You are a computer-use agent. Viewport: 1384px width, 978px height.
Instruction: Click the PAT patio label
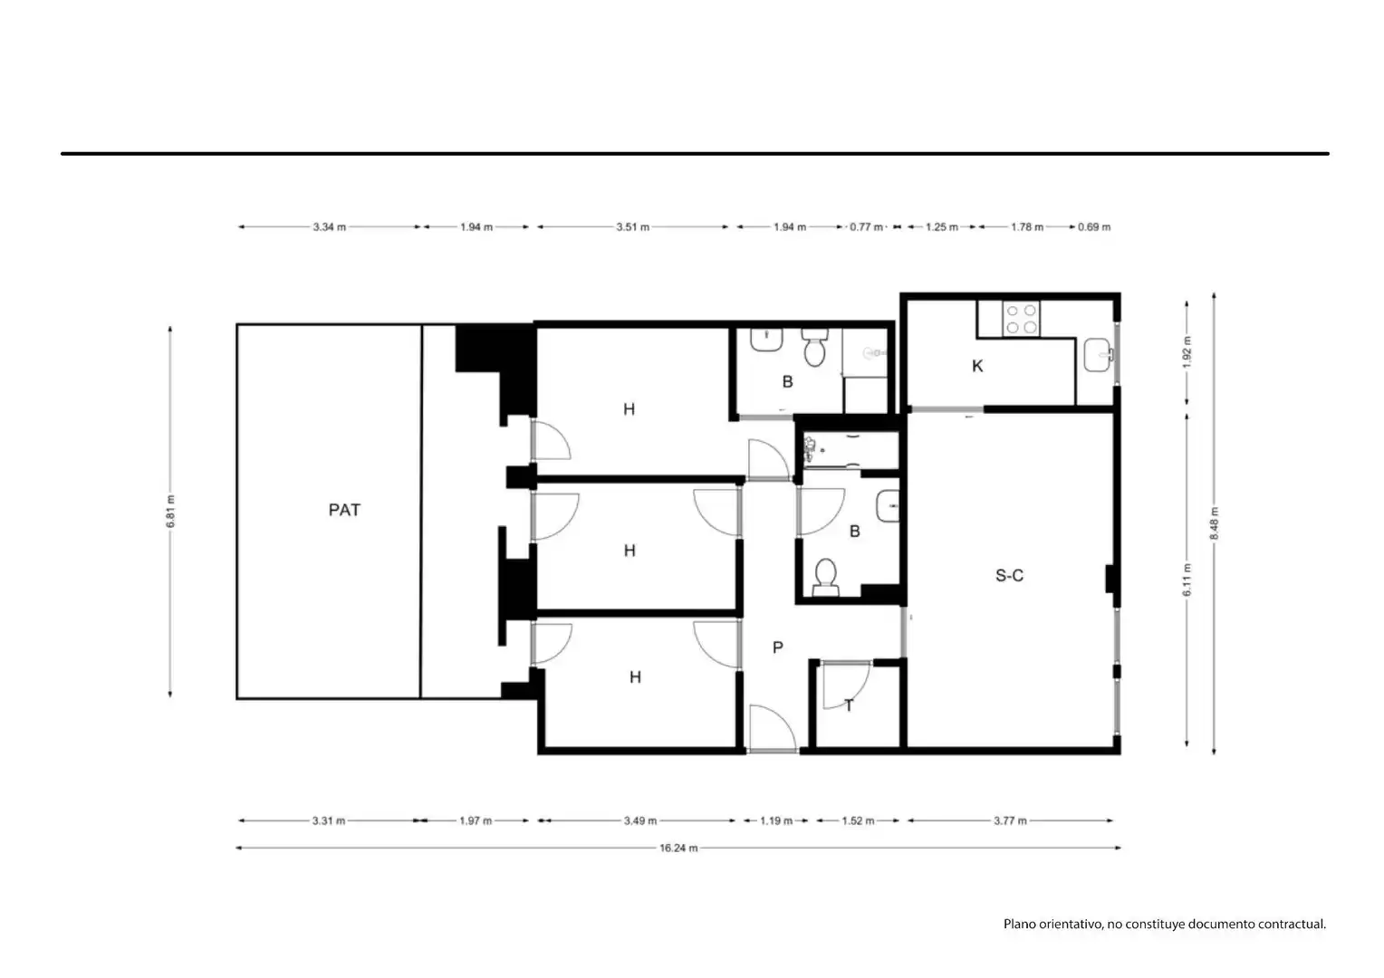click(x=344, y=510)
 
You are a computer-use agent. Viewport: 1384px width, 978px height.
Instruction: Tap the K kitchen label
click(x=976, y=367)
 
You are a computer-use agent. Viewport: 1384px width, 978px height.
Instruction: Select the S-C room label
click(x=1009, y=576)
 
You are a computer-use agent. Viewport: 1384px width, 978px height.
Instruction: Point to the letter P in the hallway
click(x=778, y=647)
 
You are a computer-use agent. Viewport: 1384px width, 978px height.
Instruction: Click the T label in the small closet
click(x=849, y=705)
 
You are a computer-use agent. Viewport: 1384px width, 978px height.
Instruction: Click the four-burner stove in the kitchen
click(x=1021, y=319)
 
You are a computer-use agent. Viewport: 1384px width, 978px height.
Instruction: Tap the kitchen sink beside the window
click(x=1098, y=355)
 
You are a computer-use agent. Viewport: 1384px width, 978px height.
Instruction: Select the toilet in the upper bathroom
click(x=814, y=347)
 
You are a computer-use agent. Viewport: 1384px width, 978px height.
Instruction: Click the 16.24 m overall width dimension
click(x=678, y=849)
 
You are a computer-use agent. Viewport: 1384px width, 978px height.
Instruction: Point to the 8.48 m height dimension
click(x=1214, y=523)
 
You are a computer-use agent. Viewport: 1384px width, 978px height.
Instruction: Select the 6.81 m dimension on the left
click(x=170, y=512)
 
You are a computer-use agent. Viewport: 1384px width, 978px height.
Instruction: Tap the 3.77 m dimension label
click(x=1010, y=821)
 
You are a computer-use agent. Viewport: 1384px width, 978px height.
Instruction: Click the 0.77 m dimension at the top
click(x=866, y=227)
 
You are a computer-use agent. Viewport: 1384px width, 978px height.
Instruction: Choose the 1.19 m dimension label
click(x=776, y=821)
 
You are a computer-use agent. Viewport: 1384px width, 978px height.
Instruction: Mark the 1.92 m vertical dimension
click(x=1187, y=353)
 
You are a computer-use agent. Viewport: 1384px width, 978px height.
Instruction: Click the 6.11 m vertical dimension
click(x=1187, y=580)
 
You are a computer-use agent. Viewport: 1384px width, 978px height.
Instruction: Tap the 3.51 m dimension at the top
click(x=633, y=227)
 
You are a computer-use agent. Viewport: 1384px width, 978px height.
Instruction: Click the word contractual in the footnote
click(x=1292, y=925)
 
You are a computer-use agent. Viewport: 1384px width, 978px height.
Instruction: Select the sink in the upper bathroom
click(x=766, y=340)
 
